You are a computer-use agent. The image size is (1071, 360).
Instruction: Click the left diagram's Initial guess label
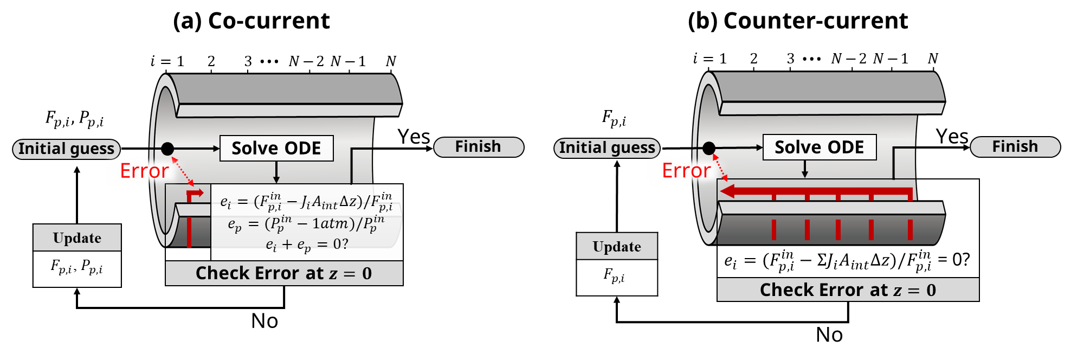[x=66, y=149]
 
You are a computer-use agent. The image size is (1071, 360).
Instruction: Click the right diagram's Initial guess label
[x=607, y=148]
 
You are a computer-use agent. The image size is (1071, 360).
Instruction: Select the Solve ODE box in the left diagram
[x=276, y=149]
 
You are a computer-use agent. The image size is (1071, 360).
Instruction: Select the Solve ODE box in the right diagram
[x=819, y=147]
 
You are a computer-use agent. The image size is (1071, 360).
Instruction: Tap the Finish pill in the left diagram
[x=478, y=147]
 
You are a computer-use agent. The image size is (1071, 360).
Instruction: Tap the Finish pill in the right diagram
[x=1015, y=147]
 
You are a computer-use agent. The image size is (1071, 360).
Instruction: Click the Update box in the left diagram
[x=77, y=238]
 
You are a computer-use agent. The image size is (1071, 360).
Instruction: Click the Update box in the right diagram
[x=617, y=247]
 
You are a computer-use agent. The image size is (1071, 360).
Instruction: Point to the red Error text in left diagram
[x=144, y=171]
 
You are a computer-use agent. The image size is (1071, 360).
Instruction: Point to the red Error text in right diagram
[x=686, y=171]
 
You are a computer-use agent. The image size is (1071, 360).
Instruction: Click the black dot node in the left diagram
[x=167, y=149]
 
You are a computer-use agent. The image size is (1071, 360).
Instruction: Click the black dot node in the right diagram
[x=709, y=147]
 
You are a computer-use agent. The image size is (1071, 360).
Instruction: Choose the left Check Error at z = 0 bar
[x=284, y=273]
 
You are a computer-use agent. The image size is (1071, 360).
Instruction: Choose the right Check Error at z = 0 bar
[x=848, y=290]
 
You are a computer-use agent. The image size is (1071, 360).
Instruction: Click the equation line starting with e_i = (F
[x=306, y=202]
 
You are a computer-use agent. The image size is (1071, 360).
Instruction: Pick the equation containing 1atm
[x=306, y=223]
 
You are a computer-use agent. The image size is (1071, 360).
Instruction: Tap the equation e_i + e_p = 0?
[x=306, y=245]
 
